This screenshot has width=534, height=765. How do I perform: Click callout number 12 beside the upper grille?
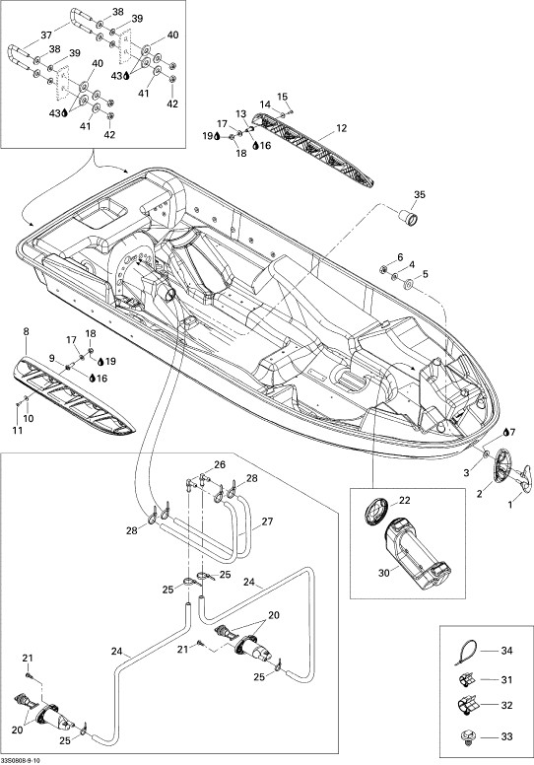point(341,128)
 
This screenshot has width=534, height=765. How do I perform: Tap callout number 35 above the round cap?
point(420,194)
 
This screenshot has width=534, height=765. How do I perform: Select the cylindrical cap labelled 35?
point(410,219)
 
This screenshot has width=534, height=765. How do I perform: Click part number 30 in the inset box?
point(384,573)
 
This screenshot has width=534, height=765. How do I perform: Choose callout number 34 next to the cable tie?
point(507,651)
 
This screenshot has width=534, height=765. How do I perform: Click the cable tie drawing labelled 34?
point(465,653)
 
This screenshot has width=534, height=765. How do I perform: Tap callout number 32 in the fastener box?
point(507,705)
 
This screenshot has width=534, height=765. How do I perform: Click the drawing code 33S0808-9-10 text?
point(21,761)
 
